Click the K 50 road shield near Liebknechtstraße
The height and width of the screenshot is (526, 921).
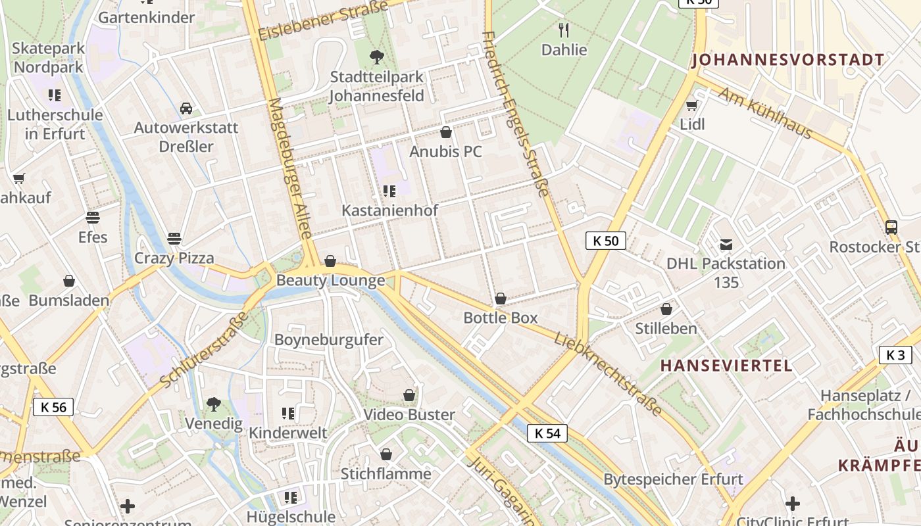(605, 241)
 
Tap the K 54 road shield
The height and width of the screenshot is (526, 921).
(547, 433)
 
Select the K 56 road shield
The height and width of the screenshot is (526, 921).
(53, 407)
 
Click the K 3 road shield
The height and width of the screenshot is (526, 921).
(895, 355)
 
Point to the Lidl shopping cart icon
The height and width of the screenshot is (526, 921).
(691, 105)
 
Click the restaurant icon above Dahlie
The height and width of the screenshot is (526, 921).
(564, 30)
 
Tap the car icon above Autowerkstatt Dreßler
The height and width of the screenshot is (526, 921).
(186, 108)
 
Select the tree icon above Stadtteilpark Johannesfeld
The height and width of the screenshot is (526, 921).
(376, 57)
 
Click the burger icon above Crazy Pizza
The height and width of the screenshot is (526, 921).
(174, 237)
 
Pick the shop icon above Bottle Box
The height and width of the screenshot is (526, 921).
(501, 299)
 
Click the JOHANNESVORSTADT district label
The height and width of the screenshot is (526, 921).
(787, 60)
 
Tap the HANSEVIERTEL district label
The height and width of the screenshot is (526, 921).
(726, 366)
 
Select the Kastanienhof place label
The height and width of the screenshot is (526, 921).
(389, 210)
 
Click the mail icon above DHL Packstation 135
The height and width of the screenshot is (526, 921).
(726, 245)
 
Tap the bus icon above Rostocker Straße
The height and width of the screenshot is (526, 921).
(891, 227)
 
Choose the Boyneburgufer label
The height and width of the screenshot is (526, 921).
(328, 340)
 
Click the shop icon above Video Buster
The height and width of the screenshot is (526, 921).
(409, 395)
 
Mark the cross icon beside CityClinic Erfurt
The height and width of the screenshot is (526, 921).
(793, 504)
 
